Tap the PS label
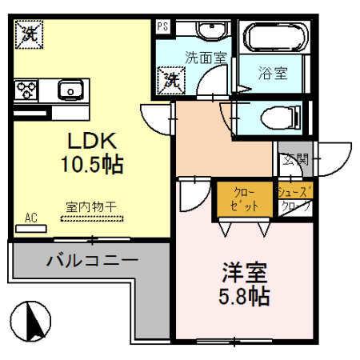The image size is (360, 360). click(x=163, y=26)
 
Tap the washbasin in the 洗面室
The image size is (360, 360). click(x=210, y=30)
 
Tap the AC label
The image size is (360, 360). click(x=31, y=217)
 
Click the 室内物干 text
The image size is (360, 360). click(x=90, y=207)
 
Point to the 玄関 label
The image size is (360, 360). click(x=294, y=159)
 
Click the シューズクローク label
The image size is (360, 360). click(x=294, y=199)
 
